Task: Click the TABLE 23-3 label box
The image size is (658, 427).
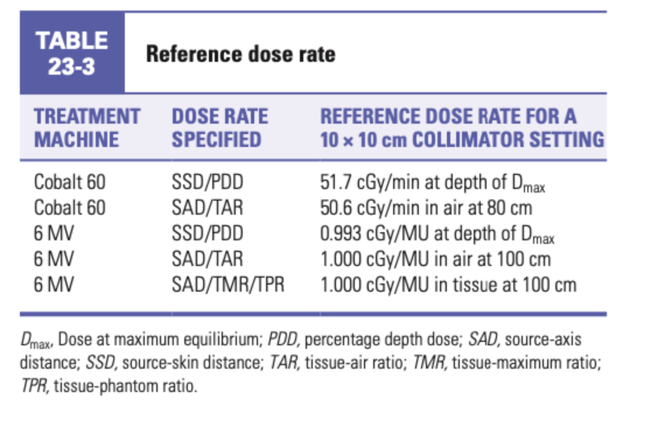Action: coord(72,53)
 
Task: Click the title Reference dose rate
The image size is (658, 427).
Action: coord(240,54)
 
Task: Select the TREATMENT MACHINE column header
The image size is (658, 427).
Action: coord(86,128)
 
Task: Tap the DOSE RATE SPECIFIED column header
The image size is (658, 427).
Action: coord(219,128)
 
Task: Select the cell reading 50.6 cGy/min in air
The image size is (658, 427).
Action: coord(426,208)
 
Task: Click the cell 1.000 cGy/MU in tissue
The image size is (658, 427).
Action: coord(448,285)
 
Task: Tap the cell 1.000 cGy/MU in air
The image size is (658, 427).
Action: coord(435,259)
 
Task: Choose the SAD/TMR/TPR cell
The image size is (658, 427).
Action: coord(228,285)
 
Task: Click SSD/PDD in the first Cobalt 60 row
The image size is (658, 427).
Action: coord(207,183)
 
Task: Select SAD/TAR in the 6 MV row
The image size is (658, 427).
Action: coord(207,259)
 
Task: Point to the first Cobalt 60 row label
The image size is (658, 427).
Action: coord(69,183)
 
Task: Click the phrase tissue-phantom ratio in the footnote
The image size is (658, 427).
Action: coord(124,386)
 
